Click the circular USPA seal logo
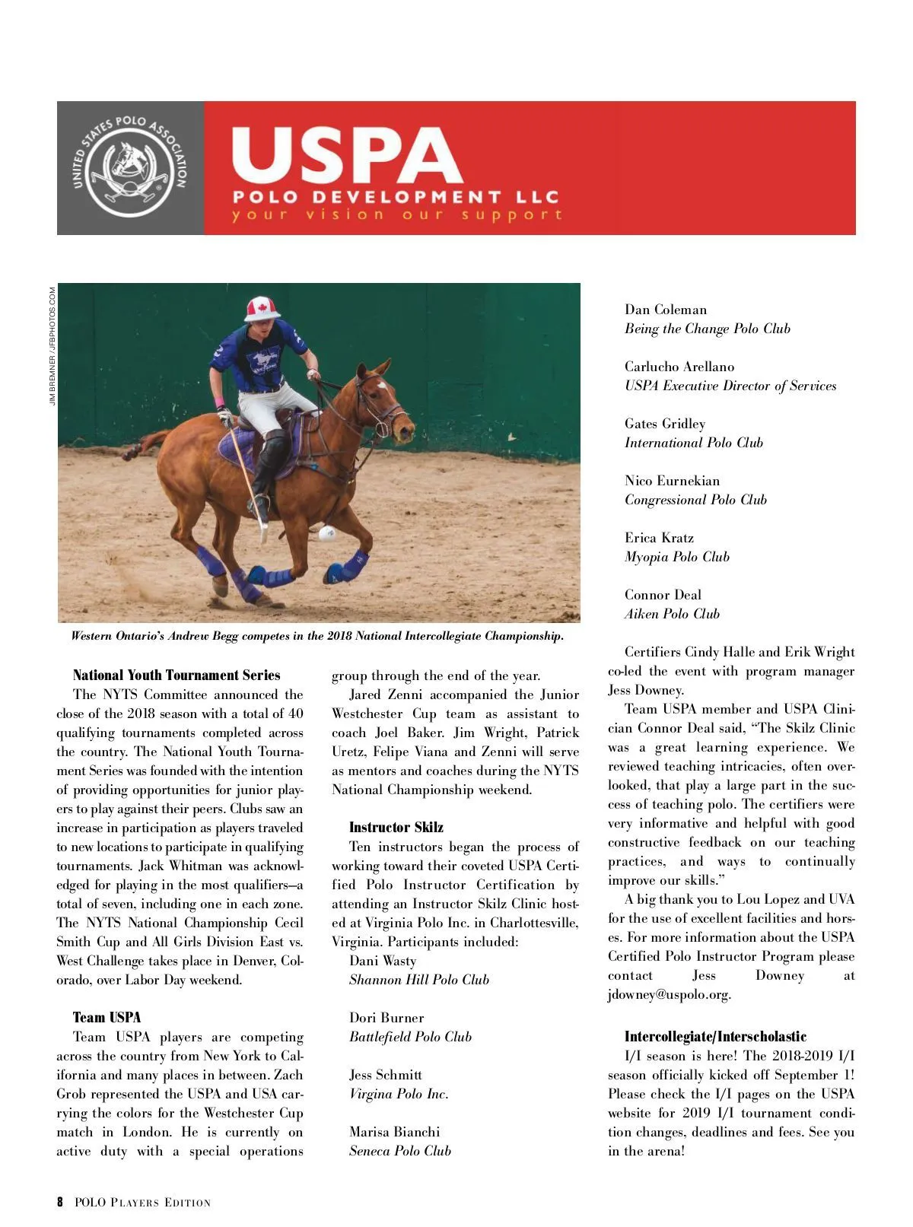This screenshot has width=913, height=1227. [x=129, y=167]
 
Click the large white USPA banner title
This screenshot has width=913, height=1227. [x=346, y=155]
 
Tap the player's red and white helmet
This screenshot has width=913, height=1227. [x=262, y=309]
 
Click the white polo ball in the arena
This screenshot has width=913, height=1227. [x=327, y=533]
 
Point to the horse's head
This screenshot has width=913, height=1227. [x=388, y=403]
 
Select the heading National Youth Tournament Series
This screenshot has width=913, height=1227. [x=177, y=675]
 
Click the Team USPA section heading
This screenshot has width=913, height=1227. [x=107, y=1018]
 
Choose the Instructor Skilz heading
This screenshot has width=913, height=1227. [x=396, y=828]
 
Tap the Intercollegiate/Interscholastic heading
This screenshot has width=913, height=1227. [x=715, y=1037]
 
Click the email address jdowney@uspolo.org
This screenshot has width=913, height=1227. [x=670, y=995]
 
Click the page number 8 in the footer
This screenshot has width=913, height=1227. [x=60, y=1203]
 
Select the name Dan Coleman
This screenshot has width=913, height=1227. [x=666, y=310]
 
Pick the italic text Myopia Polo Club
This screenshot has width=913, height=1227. [x=677, y=557]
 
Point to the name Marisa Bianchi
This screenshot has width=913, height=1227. [x=394, y=1132]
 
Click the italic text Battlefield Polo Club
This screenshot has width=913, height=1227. [x=410, y=1037]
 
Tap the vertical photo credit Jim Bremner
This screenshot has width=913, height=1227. [x=52, y=346]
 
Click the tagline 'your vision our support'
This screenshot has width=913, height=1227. [x=396, y=215]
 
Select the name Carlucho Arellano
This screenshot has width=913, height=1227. [x=679, y=367]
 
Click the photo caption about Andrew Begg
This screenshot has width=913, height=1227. [x=317, y=636]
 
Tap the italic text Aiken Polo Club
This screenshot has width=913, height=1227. [x=672, y=614]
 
